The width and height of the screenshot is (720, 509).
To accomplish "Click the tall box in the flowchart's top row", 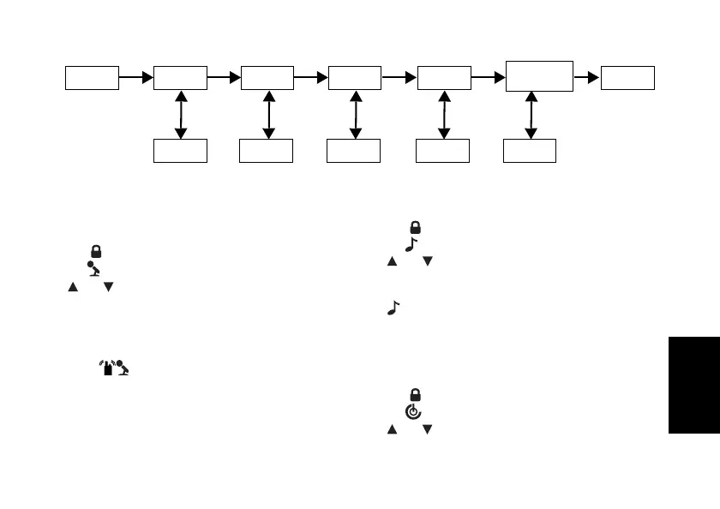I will point(539,76).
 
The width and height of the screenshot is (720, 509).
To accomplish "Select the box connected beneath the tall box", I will point(530,151).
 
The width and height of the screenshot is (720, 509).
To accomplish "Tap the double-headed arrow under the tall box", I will point(531,115).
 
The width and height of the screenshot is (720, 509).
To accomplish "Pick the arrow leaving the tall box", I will point(587,77).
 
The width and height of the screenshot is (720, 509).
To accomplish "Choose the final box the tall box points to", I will point(627,77).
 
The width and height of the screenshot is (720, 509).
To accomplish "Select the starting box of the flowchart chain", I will point(92,77).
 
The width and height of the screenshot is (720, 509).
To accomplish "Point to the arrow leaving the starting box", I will point(135,77).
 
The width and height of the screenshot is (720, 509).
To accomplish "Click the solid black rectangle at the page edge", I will point(693,384).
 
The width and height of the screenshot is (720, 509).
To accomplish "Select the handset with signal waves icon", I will point(105,368).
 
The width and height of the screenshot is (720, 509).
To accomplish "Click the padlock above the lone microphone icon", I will point(96,252).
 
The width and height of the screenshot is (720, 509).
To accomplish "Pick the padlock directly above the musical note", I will point(415,228).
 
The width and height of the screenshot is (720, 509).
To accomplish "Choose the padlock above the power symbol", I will point(415,395).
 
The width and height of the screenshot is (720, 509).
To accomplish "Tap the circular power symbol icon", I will point(413,411).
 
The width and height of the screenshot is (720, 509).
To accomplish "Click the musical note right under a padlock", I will point(410,245).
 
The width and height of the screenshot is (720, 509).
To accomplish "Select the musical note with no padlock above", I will point(393,307).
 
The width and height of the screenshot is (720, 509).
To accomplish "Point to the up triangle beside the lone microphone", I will point(74,286).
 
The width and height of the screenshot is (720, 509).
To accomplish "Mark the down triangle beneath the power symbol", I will point(426,428).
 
